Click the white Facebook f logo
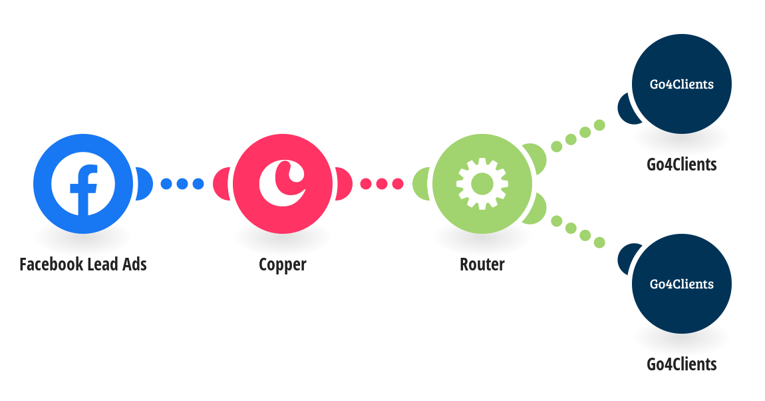tap(83, 184)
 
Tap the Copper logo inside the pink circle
tap(282, 183)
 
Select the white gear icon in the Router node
tap(482, 184)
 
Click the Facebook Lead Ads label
tap(83, 264)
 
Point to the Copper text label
tap(283, 264)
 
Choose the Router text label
tap(482, 264)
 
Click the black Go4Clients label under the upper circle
tap(682, 165)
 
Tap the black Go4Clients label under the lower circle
tap(682, 364)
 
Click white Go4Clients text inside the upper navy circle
tap(682, 84)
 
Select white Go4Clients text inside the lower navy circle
tap(682, 284)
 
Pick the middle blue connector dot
tap(182, 184)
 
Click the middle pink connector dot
tap(382, 184)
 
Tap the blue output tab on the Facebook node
tap(144, 184)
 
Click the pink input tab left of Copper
tap(222, 184)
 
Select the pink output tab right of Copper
tap(344, 184)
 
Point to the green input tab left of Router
tap(421, 184)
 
